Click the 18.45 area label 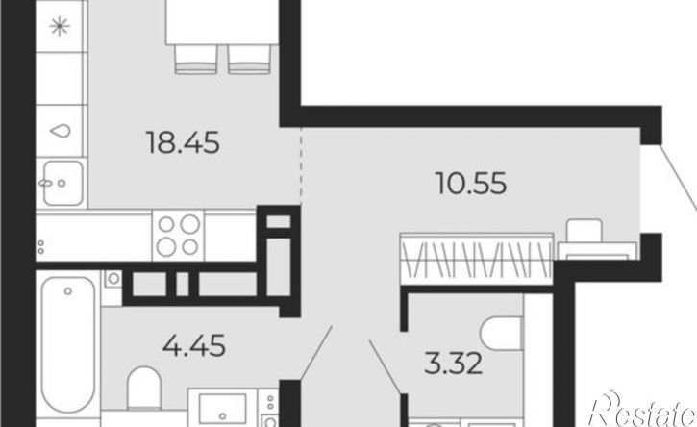(183, 142)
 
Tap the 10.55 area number (472, 184)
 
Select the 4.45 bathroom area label (194, 345)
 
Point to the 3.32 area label (454, 364)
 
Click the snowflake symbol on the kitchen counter (60, 27)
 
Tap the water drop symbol (61, 131)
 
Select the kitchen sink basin (63, 184)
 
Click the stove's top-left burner (166, 225)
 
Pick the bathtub (68, 344)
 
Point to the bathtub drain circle (68, 291)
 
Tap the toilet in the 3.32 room (502, 334)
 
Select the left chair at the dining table (196, 59)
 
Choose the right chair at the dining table (249, 59)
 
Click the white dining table (222, 22)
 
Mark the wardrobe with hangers (477, 259)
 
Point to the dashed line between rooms (301, 166)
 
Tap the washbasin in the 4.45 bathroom (223, 409)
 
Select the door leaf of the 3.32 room (385, 367)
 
